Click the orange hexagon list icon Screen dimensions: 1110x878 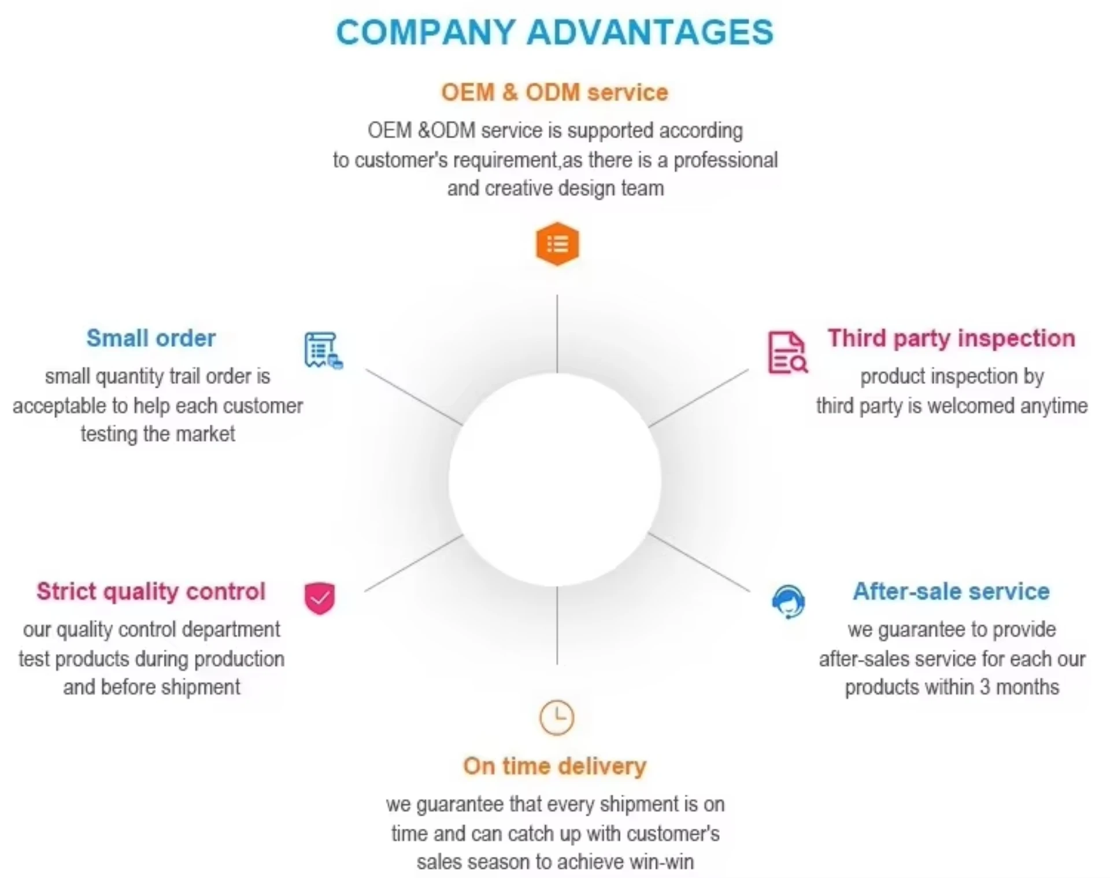pyautogui.click(x=557, y=244)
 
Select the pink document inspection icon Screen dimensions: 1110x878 pyautogui.click(x=787, y=352)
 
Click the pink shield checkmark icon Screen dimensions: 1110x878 pyautogui.click(x=320, y=598)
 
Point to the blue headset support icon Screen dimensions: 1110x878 pyautogui.click(x=788, y=602)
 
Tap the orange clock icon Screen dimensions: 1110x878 pyautogui.click(x=556, y=718)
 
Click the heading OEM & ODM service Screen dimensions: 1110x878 pyautogui.click(x=554, y=93)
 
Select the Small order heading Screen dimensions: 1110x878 pyautogui.click(x=151, y=338)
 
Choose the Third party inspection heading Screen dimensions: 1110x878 pyautogui.click(x=951, y=338)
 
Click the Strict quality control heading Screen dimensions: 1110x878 pyautogui.click(x=151, y=591)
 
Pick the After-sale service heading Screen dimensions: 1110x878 pyautogui.click(x=951, y=591)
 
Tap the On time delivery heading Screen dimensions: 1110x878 pyautogui.click(x=554, y=766)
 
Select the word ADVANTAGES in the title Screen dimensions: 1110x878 pyautogui.click(x=650, y=32)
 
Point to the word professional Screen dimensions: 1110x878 pyautogui.click(x=726, y=160)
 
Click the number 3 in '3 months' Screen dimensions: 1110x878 pyautogui.click(x=985, y=687)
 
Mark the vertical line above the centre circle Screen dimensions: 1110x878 pyautogui.click(x=557, y=334)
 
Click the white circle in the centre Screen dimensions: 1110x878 pyautogui.click(x=555, y=480)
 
